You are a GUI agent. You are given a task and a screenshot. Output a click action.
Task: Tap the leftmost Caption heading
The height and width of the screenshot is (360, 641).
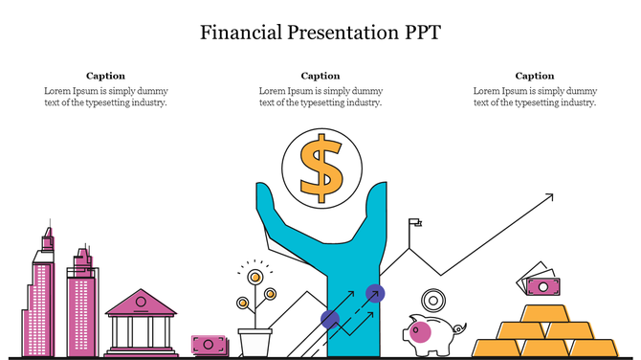(x=105, y=76)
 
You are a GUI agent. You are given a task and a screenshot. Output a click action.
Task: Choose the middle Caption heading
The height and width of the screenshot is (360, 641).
(x=320, y=76)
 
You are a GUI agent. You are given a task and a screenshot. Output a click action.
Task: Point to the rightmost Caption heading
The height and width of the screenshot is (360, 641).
(x=535, y=76)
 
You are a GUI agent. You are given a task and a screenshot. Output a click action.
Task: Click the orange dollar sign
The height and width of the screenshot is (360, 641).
(x=320, y=167)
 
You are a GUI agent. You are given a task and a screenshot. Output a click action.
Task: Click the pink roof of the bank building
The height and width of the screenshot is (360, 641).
(x=141, y=305)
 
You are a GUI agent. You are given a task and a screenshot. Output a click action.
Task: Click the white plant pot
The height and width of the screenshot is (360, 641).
(x=254, y=341)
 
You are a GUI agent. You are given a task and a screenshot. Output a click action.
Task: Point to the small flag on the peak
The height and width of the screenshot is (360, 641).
(x=414, y=224)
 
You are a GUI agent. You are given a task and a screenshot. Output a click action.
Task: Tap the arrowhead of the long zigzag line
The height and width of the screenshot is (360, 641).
(x=549, y=197)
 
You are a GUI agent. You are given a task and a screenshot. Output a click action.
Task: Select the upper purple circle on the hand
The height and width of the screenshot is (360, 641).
(x=376, y=294)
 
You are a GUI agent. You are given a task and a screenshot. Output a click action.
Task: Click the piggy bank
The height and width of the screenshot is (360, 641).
(x=428, y=334)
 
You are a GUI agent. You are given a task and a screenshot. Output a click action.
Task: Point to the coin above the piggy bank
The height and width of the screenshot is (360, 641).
(x=431, y=300)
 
